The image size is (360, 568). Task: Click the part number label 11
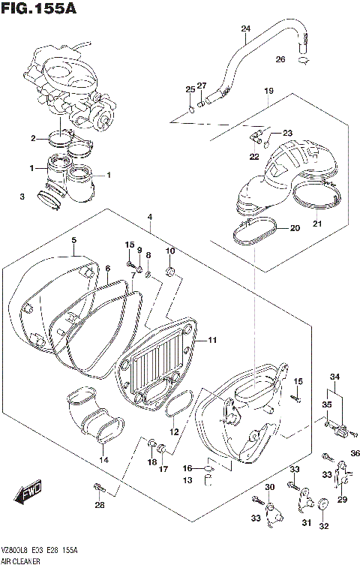tap(212, 340)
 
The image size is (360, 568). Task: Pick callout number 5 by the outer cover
tap(73, 240)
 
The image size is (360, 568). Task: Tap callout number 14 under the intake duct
tap(103, 459)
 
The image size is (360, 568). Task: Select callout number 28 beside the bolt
tap(100, 505)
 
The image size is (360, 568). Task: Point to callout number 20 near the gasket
tap(295, 227)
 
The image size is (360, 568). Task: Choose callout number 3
tap(22, 197)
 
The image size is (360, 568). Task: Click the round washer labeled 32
tap(324, 504)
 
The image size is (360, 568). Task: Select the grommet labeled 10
tap(169, 271)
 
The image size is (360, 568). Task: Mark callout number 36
tap(355, 452)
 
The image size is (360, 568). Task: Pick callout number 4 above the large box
tap(150, 217)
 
